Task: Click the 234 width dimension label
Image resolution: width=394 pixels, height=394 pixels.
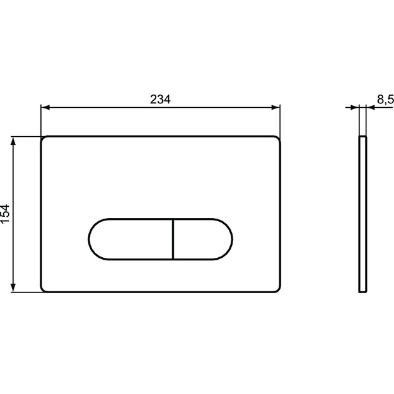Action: [x=160, y=99]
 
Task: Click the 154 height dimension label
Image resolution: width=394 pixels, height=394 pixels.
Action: [x=5, y=214]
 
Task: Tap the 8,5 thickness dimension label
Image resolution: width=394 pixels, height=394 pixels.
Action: [x=385, y=99]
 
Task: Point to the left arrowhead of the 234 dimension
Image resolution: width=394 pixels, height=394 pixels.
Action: [x=45, y=108]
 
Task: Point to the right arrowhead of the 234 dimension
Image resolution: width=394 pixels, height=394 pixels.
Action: [x=276, y=108]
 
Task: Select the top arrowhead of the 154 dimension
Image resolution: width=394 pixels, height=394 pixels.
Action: [x=13, y=141]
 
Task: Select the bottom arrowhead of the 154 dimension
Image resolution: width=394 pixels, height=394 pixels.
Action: [x=13, y=288]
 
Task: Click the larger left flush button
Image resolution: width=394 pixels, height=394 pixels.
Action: [x=130, y=239]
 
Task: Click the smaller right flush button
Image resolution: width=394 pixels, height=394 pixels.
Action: [x=203, y=239]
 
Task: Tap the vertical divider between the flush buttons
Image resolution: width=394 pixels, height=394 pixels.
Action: [x=173, y=239]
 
